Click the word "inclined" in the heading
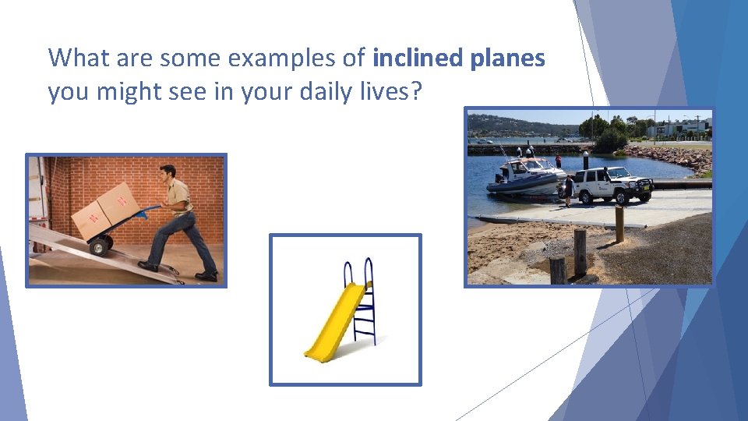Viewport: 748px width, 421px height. (411, 58)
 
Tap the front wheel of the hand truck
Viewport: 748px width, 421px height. (99, 246)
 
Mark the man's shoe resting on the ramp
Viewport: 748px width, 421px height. (148, 266)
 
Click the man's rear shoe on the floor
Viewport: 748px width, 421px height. (206, 276)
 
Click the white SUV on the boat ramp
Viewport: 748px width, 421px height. (612, 185)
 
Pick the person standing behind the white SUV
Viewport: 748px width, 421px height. (569, 189)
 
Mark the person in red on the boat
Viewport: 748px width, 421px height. (558, 161)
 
